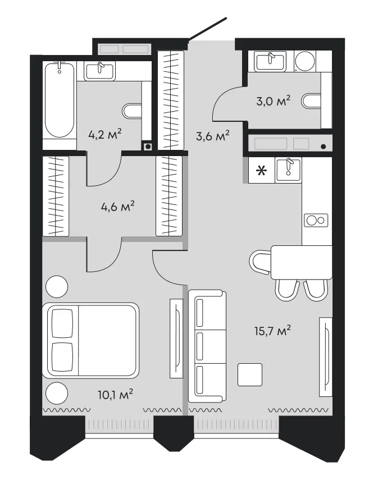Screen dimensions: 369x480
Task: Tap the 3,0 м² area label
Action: (273, 100)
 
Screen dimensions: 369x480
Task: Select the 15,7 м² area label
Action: (272, 331)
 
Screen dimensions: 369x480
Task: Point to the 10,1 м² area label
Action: (115, 394)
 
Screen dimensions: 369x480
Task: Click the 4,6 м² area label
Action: (117, 207)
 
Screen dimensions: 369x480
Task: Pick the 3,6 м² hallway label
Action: (212, 136)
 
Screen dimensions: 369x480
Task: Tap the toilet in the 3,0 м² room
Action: (311, 101)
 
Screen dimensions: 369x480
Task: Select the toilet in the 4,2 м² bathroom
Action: (132, 111)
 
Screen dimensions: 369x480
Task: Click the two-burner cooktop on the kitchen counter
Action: (316, 220)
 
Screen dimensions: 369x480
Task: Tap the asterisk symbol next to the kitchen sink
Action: (261, 171)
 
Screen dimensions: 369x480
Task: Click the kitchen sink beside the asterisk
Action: (288, 170)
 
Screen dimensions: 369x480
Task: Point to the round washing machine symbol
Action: (305, 61)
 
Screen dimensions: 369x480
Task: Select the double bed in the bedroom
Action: (90, 340)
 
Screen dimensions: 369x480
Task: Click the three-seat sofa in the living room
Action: (207, 346)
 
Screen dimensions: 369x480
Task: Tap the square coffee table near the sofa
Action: (250, 374)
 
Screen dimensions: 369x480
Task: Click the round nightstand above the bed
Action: (57, 286)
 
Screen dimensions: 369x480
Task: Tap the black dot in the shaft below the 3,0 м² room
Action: (324, 147)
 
